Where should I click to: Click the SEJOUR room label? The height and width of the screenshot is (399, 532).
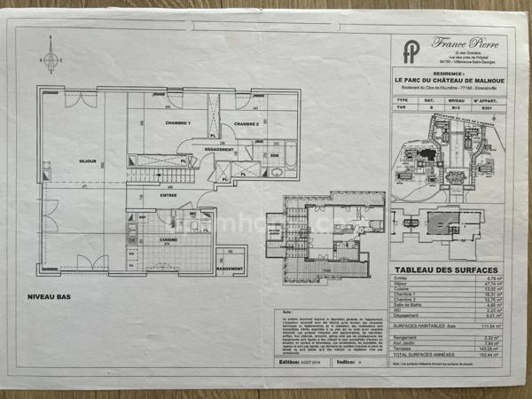click(87, 160)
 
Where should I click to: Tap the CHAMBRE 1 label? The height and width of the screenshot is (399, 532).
click(178, 124)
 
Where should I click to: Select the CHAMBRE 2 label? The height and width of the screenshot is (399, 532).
click(246, 124)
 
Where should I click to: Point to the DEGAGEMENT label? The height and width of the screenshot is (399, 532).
click(218, 150)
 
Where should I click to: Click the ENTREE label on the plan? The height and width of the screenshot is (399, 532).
click(168, 195)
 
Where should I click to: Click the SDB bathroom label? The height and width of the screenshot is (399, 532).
click(275, 157)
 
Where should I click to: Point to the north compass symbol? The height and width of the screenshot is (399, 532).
click(51, 60)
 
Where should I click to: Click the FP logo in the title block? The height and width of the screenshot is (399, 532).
click(411, 51)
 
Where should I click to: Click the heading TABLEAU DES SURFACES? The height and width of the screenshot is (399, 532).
click(446, 270)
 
